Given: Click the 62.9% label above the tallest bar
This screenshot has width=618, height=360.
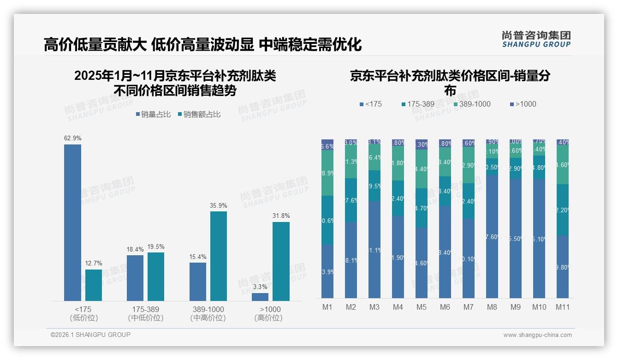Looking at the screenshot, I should pyautogui.click(x=72, y=138).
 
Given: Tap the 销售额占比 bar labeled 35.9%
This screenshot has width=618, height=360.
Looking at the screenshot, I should pyautogui.click(x=219, y=256).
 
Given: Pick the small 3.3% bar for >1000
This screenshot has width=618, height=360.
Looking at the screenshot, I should pyautogui.click(x=260, y=297).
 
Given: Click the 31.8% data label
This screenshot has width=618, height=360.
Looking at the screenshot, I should pyautogui.click(x=281, y=216).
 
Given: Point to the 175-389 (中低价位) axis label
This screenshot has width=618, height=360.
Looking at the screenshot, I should pyautogui.click(x=145, y=313).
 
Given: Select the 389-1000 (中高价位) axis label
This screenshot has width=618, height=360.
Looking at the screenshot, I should pyautogui.click(x=208, y=313).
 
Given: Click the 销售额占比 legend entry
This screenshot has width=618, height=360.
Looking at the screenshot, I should pyautogui.click(x=199, y=114).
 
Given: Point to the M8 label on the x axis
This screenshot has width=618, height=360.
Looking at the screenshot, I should pyautogui.click(x=492, y=307).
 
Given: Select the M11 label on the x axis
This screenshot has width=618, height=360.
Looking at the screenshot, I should pyautogui.click(x=562, y=307).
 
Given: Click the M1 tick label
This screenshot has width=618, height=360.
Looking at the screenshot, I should pyautogui.click(x=327, y=307).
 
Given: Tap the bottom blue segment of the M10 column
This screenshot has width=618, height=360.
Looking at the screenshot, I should pyautogui.click(x=539, y=238).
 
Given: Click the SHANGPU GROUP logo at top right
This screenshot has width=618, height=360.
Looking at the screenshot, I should pyautogui.click(x=536, y=39).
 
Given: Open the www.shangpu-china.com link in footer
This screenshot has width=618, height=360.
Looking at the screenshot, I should pyautogui.click(x=537, y=335).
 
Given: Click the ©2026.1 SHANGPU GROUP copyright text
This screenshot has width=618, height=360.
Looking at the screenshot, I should pyautogui.click(x=90, y=335).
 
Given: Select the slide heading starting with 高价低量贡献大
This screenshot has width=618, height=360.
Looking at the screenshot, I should pyautogui.click(x=202, y=44).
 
